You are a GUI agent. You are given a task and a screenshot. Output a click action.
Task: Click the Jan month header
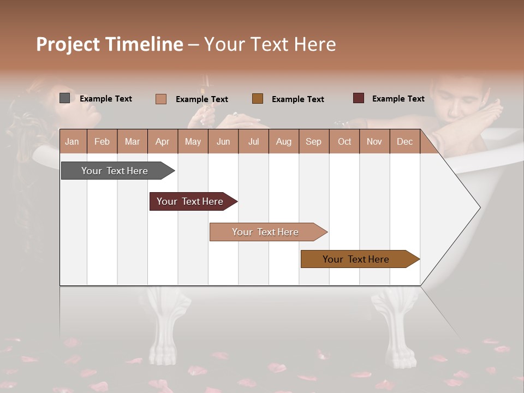point(72,141)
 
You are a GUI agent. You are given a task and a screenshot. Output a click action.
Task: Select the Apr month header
point(162,141)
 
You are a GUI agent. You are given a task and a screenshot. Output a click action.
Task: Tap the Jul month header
point(253,141)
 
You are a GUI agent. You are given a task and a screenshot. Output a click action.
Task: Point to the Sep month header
point(313,141)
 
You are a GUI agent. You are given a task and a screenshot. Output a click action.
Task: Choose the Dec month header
point(404,141)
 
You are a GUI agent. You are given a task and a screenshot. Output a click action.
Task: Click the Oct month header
point(344,141)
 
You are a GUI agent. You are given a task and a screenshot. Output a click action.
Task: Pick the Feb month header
point(102,141)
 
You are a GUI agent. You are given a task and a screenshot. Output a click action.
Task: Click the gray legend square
point(65,98)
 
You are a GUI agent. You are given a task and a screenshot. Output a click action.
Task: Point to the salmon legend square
point(161,99)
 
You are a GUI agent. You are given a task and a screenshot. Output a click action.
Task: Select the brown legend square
point(258,99)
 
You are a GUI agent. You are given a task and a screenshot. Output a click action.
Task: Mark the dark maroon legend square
point(358,98)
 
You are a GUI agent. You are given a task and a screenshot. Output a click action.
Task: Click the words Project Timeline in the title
point(110,44)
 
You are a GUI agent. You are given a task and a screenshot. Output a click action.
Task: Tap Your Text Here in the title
point(270,44)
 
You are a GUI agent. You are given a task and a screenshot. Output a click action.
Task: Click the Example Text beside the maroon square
point(398,99)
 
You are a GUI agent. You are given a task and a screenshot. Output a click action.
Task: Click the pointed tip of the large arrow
point(479,207)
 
